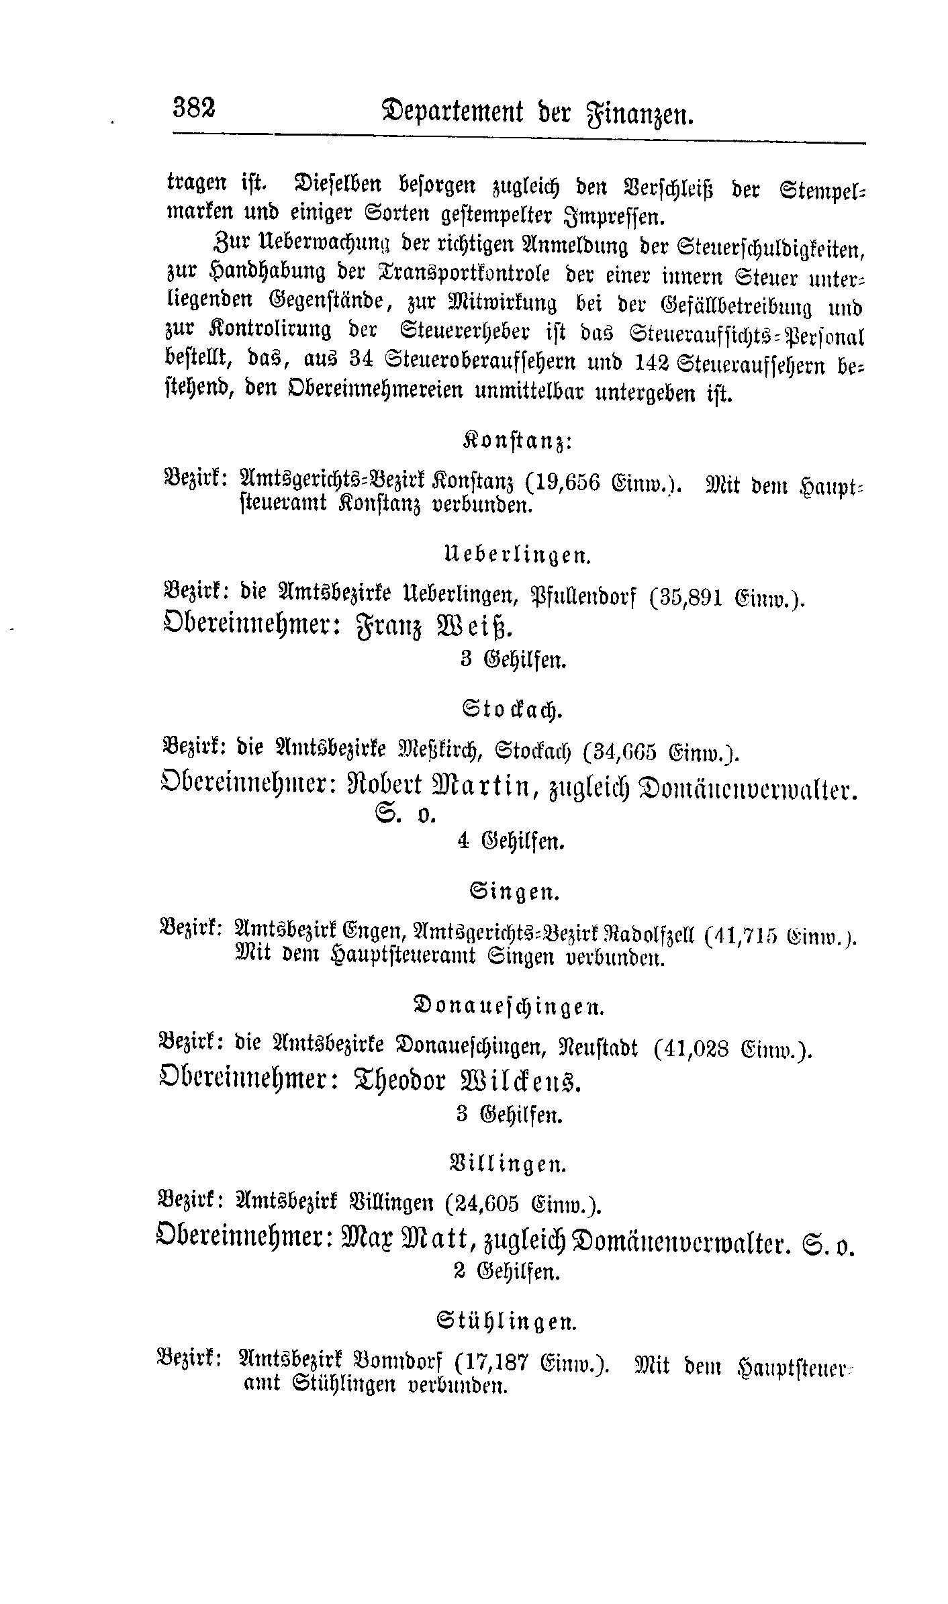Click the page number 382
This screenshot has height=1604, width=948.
(195, 107)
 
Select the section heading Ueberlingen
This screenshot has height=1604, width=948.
(518, 555)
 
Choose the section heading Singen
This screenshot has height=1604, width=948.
(515, 894)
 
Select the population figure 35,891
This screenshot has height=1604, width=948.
(688, 598)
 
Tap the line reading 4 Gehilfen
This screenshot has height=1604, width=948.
(511, 842)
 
